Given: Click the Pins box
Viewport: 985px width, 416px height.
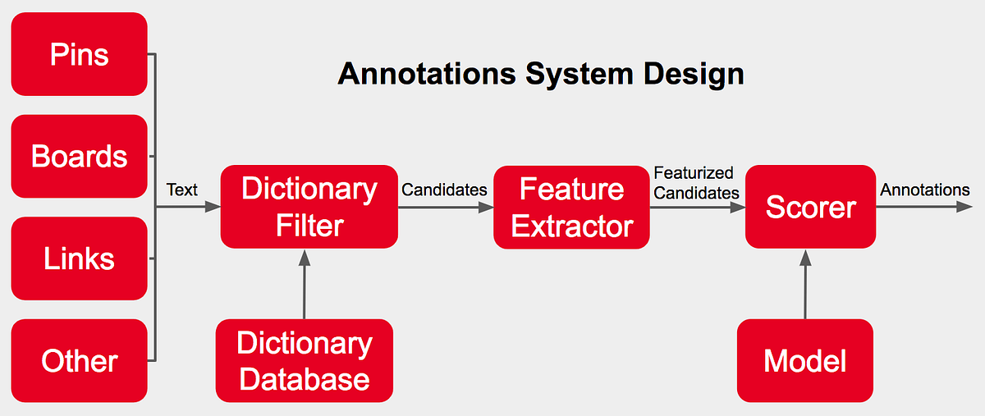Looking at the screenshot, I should [x=79, y=54].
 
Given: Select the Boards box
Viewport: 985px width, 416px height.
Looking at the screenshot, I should [x=79, y=156].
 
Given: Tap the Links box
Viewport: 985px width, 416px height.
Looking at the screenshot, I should [x=79, y=258].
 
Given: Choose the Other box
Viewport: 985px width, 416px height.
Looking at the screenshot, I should [x=79, y=360].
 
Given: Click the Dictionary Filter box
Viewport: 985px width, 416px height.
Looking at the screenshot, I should [x=309, y=207].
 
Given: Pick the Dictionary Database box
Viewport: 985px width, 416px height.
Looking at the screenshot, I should [x=304, y=360].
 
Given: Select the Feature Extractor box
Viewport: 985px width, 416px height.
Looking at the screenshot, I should [x=571, y=207].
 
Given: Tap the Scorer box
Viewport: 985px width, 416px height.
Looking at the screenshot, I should [x=810, y=207].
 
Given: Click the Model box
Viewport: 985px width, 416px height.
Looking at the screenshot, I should [x=804, y=360].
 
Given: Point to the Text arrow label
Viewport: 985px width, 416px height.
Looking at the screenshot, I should [x=181, y=190].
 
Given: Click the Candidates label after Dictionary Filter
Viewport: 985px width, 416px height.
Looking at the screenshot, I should [x=444, y=190].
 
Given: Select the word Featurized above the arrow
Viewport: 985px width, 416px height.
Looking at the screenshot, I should [x=694, y=173].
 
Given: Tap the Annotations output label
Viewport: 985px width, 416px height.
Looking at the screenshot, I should [x=925, y=190].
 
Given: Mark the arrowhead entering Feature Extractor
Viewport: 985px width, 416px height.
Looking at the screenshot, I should [x=486, y=208].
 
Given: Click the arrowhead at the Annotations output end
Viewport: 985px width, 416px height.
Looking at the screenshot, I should [x=965, y=208].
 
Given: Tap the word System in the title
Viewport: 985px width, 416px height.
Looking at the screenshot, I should [x=580, y=74].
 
